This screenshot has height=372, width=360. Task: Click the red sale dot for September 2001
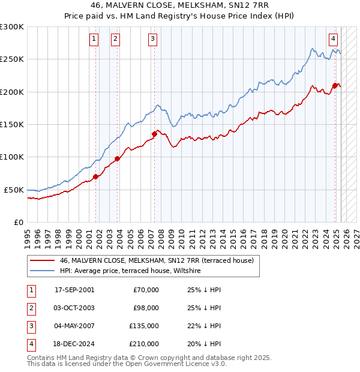coord(95,176)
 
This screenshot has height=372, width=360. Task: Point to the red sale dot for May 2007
coord(154,134)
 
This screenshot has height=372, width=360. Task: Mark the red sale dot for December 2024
coord(335,86)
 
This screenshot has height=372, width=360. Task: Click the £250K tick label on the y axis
coord(12,59)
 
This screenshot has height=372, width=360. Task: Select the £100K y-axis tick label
coord(12,157)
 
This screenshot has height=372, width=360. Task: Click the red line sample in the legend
coord(42,260)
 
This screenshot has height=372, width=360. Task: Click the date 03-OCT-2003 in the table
coord(74,308)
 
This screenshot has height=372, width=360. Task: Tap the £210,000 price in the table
coord(144,344)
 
